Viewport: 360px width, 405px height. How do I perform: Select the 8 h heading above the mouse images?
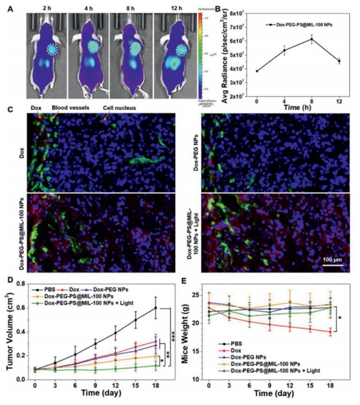click(130, 8)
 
